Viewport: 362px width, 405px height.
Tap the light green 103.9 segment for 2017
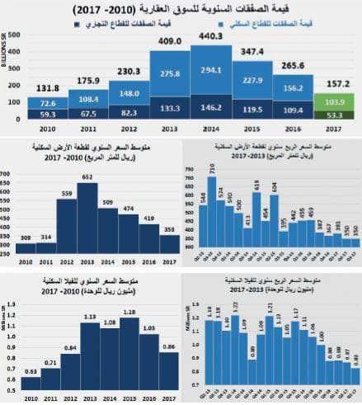click(x=335, y=101)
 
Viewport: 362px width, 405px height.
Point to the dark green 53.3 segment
click(x=335, y=116)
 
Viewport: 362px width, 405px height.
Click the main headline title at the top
click(x=181, y=9)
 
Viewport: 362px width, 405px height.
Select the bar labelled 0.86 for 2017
click(x=168, y=368)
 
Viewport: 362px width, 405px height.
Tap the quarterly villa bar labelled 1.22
click(x=234, y=346)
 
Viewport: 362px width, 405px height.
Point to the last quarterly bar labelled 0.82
click(x=355, y=374)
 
